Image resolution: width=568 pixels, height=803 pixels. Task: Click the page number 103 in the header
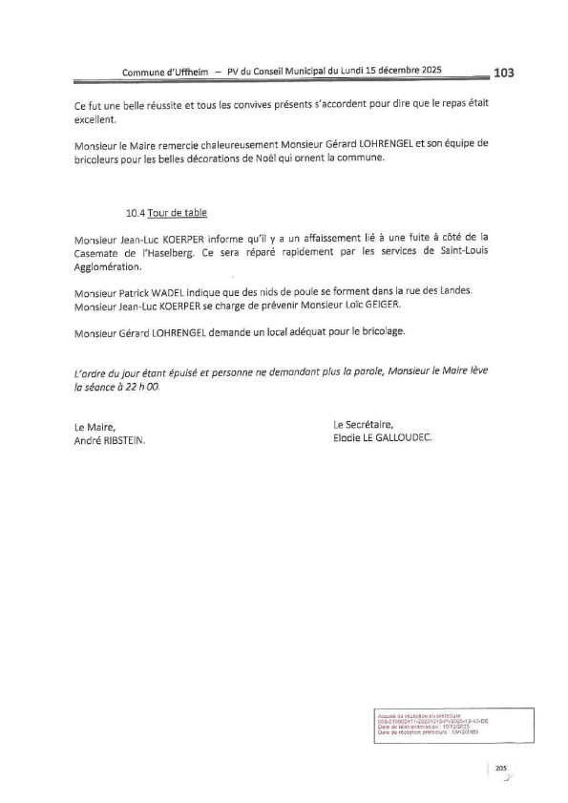pos(504,72)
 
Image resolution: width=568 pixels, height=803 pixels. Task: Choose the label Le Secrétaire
pos(363,425)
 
